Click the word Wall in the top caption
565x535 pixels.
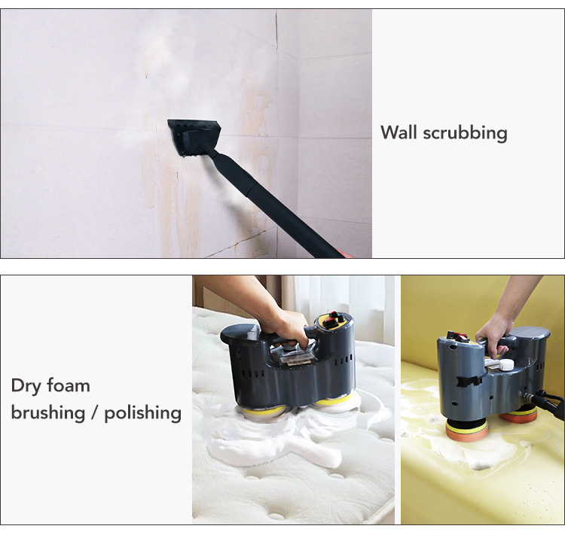tap(399, 132)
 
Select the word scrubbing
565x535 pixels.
tap(466, 133)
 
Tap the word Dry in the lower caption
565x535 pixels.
tap(25, 386)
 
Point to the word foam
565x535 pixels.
tap(69, 385)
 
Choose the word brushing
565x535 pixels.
tap(48, 412)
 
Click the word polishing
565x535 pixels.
tap(142, 413)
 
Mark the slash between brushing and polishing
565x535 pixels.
tap(94, 413)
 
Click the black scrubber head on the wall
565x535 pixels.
tap(193, 137)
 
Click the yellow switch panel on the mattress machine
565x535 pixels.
tap(334, 321)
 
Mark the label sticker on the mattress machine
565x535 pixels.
tap(296, 360)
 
